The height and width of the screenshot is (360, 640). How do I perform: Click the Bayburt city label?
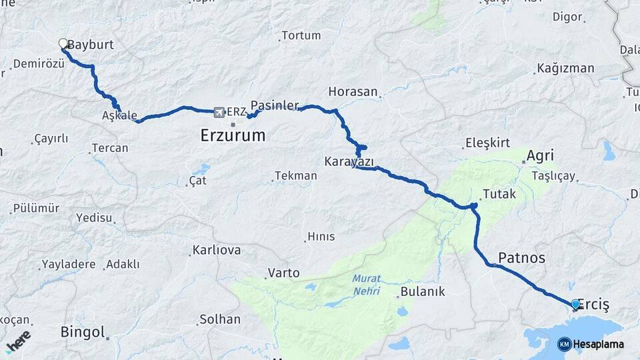coord(91,45)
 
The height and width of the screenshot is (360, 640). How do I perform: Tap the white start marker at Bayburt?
coord(63,44)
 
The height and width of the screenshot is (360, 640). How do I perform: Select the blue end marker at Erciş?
coord(575,305)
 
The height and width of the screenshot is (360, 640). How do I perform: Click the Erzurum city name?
coord(233,136)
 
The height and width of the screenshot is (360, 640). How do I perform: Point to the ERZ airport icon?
coord(219,111)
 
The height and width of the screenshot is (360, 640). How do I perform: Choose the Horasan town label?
coord(353,91)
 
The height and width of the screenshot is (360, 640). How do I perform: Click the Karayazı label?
coord(349,161)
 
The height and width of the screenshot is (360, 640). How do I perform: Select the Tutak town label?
coord(499,195)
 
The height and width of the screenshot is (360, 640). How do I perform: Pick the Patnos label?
coord(521,257)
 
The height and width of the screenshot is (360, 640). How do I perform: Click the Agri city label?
coord(540,156)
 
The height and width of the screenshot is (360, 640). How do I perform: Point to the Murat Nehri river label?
coord(366,285)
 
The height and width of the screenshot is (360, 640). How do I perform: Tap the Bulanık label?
coord(423,292)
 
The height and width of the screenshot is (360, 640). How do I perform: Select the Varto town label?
coord(283,273)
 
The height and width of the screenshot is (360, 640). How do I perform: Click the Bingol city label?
coord(83,331)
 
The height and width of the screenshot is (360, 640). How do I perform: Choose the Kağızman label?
coord(565,69)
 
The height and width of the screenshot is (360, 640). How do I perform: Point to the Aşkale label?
coord(119,116)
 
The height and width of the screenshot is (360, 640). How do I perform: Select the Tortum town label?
coord(301,35)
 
